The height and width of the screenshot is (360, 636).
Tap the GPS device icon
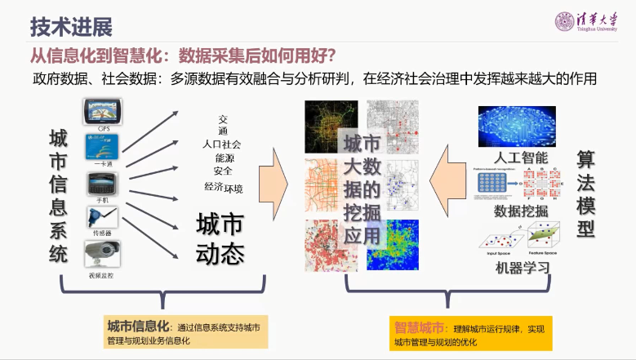point(104,111)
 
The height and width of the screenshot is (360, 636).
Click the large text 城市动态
point(220,238)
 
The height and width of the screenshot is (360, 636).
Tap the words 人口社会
point(222,144)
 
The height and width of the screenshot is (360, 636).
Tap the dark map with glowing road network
point(331,126)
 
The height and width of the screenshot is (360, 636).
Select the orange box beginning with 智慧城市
point(471,333)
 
